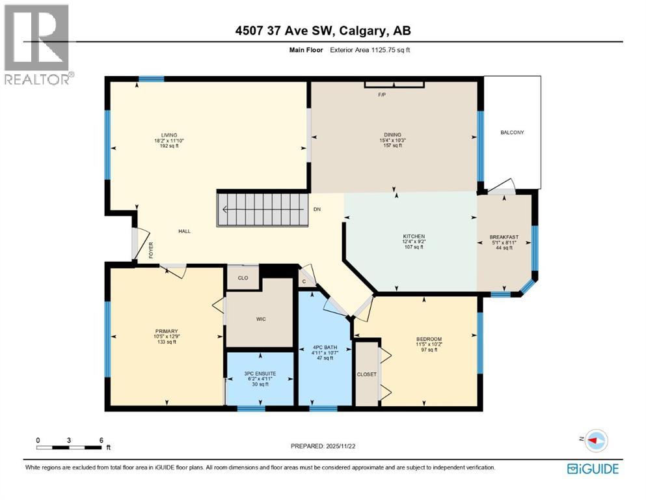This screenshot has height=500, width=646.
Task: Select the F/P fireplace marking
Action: (x=383, y=95)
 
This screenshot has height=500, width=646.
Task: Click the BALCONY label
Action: (x=512, y=133)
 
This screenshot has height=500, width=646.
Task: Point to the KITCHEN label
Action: (x=414, y=236)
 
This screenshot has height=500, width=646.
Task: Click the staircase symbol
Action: (x=262, y=210)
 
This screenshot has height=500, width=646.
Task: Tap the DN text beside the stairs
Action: (x=317, y=210)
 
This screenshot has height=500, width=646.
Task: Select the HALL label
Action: (x=185, y=231)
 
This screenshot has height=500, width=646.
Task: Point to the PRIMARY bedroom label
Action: (x=166, y=331)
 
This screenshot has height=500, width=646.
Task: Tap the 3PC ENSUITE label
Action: (x=260, y=374)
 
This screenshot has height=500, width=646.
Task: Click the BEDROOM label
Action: (x=429, y=339)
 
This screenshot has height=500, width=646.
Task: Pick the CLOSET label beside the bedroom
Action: (x=366, y=374)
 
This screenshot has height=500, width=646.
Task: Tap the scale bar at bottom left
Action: (x=70, y=447)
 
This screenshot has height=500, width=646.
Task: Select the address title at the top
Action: (x=323, y=30)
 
